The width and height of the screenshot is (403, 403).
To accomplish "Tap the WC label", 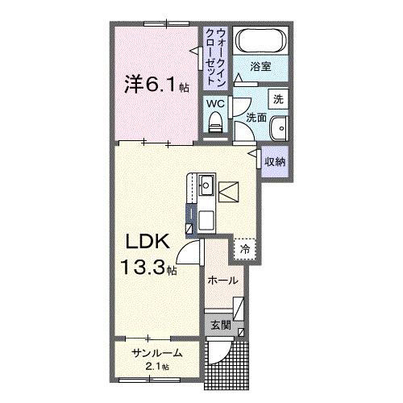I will point(214,104).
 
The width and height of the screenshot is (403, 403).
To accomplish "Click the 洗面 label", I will point(256,117).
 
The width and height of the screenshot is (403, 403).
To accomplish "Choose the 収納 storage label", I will point(275,161).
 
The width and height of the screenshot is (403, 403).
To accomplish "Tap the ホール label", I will point(222,280).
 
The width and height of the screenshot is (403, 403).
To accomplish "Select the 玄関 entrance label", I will point(220,326).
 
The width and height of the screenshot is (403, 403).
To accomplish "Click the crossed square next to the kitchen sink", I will point(228,192).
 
